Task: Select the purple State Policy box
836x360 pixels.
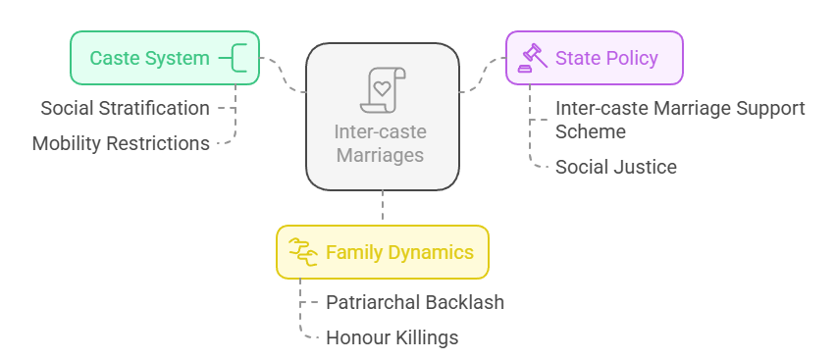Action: click(x=594, y=58)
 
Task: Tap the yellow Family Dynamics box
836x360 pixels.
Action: click(x=382, y=252)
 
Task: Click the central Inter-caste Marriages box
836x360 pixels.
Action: click(x=382, y=116)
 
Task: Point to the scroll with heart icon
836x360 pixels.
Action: click(x=382, y=90)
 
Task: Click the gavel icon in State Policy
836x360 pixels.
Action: click(x=533, y=58)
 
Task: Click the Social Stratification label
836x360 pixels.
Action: click(x=125, y=108)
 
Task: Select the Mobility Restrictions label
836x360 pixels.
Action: click(x=121, y=143)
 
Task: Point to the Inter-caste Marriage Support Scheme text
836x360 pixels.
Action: click(x=679, y=119)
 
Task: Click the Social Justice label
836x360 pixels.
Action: click(x=615, y=167)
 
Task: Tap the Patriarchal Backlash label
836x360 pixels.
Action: click(x=415, y=302)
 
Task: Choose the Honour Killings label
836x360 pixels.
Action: click(x=392, y=337)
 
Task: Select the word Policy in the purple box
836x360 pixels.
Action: click(x=632, y=58)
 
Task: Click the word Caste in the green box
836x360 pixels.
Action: click(x=114, y=58)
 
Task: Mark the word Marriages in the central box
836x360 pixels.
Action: click(x=382, y=155)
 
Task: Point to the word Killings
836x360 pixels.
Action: click(x=426, y=337)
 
